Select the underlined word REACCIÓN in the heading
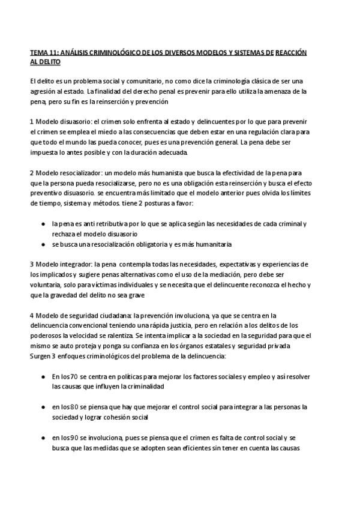[291, 53]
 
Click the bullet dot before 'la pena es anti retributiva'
[43, 224]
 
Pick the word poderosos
[49, 336]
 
